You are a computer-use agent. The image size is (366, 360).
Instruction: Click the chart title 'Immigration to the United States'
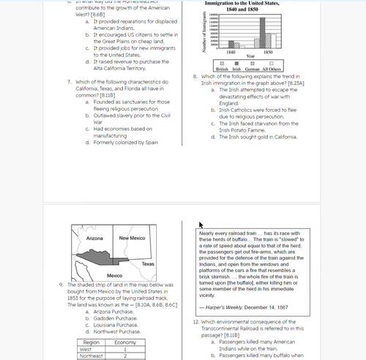pyautogui.click(x=252, y=4)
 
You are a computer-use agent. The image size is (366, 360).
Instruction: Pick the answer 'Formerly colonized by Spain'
pyautogui.click(x=121, y=142)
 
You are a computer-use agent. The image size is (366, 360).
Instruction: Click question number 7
pyautogui.click(x=68, y=81)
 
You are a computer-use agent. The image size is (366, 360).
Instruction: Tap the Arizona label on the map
pyautogui.click(x=94, y=239)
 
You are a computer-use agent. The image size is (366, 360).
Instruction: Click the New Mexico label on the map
pyautogui.click(x=132, y=239)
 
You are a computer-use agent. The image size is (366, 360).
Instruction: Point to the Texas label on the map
pyautogui.click(x=147, y=263)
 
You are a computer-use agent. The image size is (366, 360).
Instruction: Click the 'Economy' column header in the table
pyautogui.click(x=125, y=342)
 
